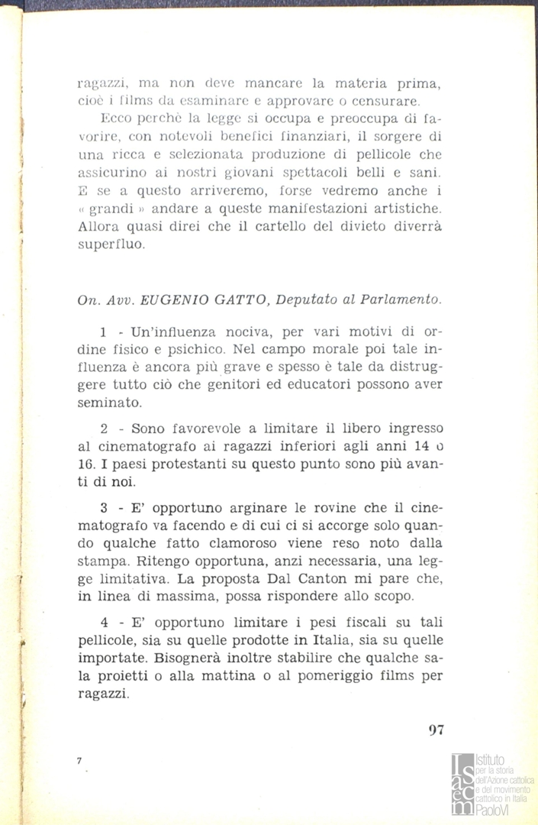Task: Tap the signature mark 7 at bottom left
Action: (x=79, y=761)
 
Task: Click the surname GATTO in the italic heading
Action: (x=229, y=301)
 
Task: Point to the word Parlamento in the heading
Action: (x=404, y=301)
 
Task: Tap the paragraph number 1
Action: (x=103, y=333)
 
